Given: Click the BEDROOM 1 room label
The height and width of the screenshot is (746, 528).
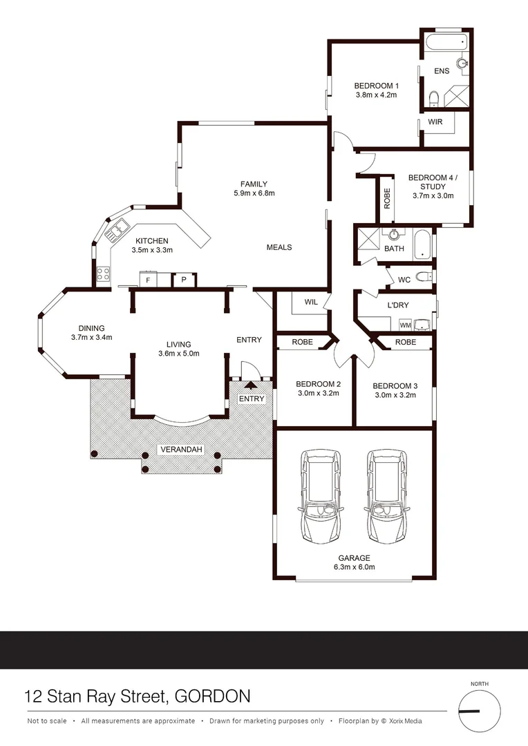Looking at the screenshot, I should tap(376, 86).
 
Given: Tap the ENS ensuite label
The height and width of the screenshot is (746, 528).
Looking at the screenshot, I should tap(441, 71).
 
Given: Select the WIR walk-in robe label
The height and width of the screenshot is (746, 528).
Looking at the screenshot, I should tap(435, 122).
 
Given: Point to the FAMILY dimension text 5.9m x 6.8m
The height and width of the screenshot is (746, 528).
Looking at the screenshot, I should tap(254, 193).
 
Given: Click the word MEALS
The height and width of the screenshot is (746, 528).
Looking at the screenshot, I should tap(279, 247).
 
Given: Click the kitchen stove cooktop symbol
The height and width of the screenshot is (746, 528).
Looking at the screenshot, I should tap(103, 274).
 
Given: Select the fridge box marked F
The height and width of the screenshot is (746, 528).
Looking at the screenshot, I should tap(148, 280).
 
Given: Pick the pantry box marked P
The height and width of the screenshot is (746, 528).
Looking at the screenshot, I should tap(183, 280).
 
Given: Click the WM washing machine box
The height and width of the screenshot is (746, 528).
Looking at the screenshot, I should tap(406, 324).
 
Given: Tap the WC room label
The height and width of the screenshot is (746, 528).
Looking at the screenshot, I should tap(405, 280).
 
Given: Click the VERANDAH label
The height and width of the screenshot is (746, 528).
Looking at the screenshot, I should tap(182, 450).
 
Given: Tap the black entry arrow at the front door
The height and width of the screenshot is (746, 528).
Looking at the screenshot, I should tap(251, 385).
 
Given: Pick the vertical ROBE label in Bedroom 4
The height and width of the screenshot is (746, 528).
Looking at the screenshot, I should tap(387, 199).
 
